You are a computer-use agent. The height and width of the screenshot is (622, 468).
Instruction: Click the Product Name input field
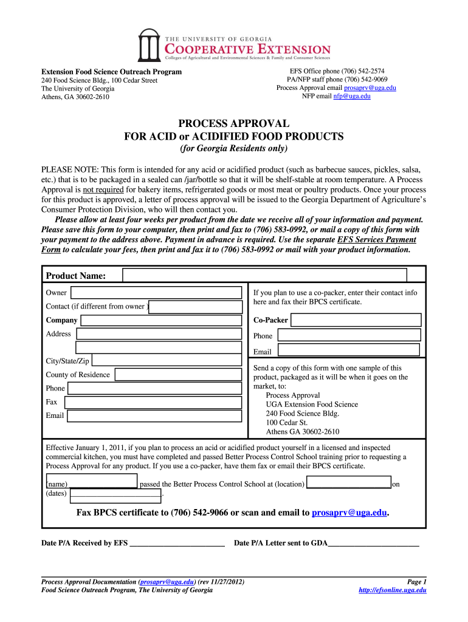coord(264,275)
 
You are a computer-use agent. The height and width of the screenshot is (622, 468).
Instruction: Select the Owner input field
coord(156,293)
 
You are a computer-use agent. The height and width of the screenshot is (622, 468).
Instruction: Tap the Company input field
coord(160,320)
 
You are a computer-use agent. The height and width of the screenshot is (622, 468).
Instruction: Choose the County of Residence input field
coord(178,375)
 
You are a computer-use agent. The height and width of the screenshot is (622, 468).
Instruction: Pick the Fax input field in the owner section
coord(153,402)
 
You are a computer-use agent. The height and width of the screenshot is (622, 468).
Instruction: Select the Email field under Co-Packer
coord(348,350)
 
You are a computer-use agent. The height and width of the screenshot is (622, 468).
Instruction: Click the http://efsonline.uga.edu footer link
coord(393,590)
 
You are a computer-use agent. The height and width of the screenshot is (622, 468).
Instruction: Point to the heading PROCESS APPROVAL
coord(233,124)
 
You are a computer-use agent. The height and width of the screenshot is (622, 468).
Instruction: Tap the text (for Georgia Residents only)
coord(233,149)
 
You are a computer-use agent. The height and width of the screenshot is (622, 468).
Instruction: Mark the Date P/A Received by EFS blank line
coord(177,544)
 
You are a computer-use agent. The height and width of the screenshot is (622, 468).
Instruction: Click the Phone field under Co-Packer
coord(349,335)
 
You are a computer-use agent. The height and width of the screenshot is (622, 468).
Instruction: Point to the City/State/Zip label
coord(67,361)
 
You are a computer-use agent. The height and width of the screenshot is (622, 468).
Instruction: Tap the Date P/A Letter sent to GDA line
coord(373,544)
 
